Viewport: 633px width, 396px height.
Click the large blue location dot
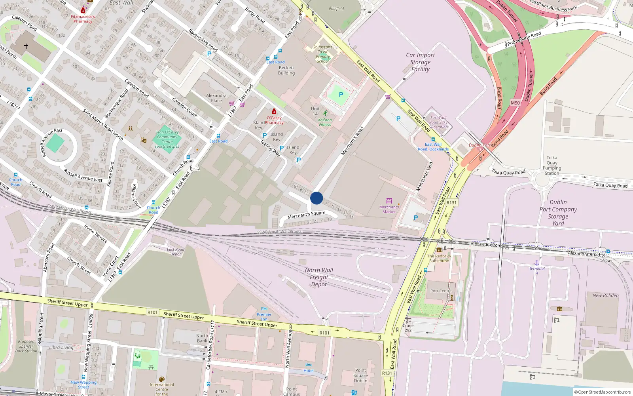(x=316, y=198)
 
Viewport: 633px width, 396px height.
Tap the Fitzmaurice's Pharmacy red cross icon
(x=83, y=10)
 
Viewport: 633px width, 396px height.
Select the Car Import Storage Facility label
(x=420, y=62)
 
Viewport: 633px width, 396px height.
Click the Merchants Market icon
(x=389, y=201)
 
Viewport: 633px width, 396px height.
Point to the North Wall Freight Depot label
(x=319, y=277)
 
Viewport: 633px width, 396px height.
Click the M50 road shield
(x=515, y=103)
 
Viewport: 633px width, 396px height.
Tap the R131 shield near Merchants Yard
(x=451, y=202)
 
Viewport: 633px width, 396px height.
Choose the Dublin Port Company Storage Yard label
(x=558, y=213)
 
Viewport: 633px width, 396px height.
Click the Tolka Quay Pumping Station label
(x=552, y=165)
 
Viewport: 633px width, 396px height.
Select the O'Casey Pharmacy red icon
(x=274, y=112)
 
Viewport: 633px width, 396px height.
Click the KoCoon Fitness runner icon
(x=325, y=113)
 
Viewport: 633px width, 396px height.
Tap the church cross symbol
(x=26, y=46)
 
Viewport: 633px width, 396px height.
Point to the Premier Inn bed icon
(x=264, y=309)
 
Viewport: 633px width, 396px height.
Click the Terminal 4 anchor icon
(x=537, y=263)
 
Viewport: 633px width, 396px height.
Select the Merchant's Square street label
(x=306, y=215)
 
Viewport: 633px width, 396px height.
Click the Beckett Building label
(x=286, y=70)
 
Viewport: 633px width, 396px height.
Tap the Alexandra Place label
(x=216, y=98)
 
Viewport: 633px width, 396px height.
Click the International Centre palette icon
(x=161, y=379)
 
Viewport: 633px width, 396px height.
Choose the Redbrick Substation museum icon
(x=439, y=250)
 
